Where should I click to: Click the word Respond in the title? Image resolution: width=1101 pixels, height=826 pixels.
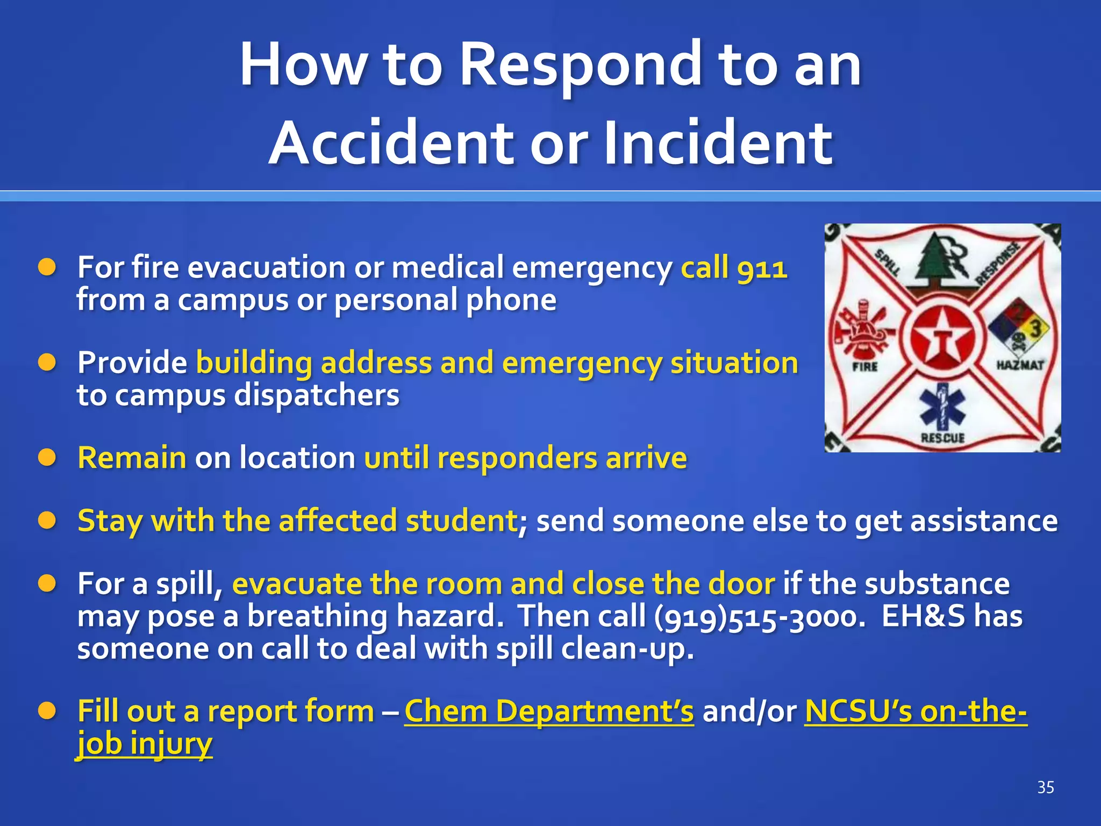pos(581,66)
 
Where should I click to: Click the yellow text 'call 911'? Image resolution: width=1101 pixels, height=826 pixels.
pos(734,267)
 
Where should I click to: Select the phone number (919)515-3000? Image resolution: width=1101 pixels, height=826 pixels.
pos(760,616)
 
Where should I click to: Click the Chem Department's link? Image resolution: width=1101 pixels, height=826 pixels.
pos(549,711)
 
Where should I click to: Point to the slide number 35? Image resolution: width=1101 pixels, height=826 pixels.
pos(1045,788)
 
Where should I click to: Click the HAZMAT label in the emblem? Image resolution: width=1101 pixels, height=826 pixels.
pos(1020,365)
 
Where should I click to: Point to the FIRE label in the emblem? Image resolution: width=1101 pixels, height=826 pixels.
pos(865,367)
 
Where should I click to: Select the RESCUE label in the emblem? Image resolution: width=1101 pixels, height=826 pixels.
pos(942,438)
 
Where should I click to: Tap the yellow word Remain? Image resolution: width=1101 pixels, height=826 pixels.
pos(132,458)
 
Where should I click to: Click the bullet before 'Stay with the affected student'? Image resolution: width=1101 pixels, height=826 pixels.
pos(47,521)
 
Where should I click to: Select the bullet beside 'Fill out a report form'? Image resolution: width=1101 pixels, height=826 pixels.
pos(47,711)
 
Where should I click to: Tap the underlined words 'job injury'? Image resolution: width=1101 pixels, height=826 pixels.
pos(145,744)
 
